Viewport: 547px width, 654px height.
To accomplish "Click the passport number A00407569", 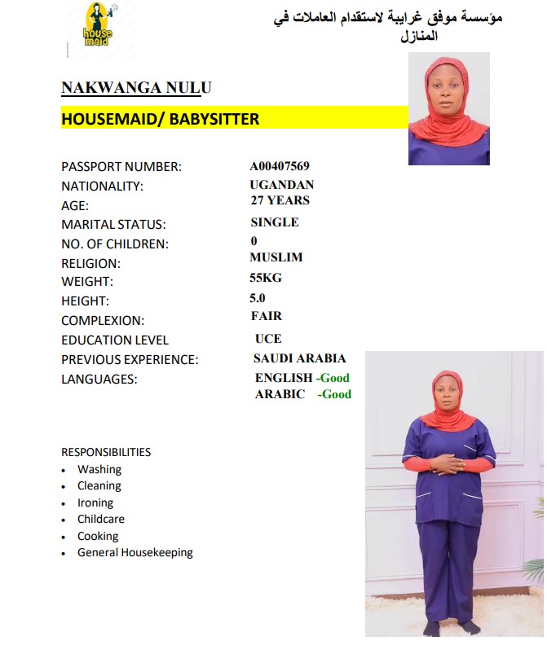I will point(280,166).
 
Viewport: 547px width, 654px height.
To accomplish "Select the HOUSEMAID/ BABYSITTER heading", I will point(161,119).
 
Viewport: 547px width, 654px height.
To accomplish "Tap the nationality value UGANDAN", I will point(282,185).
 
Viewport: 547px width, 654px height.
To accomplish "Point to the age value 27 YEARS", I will point(280,200).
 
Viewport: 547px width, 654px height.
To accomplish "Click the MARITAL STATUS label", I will point(113,224).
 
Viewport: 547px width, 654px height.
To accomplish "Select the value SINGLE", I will point(275,222).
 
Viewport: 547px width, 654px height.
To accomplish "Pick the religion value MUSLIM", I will point(276,257).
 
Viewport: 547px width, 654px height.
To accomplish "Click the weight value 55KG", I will point(266,277).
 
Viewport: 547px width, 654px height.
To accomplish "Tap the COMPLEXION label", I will point(103,321).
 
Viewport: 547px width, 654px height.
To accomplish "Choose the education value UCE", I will point(268,338).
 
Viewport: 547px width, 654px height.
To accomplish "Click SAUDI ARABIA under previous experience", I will point(300,358).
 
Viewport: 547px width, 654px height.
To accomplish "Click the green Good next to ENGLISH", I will point(334,378).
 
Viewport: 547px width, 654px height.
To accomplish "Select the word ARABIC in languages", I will point(280,394).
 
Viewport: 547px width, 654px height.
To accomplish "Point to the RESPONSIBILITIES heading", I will point(106,452).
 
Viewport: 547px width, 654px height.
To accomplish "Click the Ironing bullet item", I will point(95,503).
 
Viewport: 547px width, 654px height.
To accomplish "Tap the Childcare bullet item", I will point(101,519).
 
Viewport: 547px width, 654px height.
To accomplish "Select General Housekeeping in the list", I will point(135,552).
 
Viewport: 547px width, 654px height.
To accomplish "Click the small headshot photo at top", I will point(448,109).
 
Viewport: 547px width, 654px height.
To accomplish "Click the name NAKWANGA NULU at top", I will point(136,88).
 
